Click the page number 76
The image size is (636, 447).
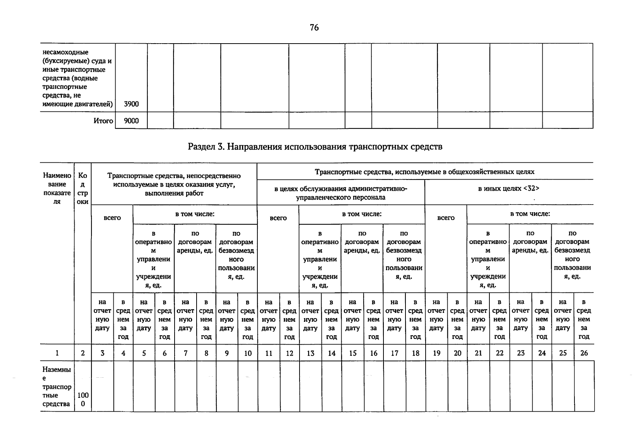pos(314,28)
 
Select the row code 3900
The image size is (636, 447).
pos(131,104)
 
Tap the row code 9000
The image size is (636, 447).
pos(131,121)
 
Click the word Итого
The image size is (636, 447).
pos(103,121)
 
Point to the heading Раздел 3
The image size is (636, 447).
pos(315,146)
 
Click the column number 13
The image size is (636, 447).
pos(310,353)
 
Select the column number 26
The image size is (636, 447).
pos(584,353)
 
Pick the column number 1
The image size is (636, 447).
pos(57,353)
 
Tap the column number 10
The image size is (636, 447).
pos(248,353)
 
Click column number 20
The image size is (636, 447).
pos(457,353)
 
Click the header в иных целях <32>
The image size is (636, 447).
pos(509,188)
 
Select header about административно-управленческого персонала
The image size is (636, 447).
pos(341,193)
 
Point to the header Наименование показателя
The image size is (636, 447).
pos(57,188)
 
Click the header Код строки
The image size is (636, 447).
pos(83,188)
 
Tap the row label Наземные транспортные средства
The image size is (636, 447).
pos(57,387)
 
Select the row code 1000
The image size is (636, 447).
pos(83,399)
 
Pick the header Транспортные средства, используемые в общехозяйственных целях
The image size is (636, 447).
pos(424,172)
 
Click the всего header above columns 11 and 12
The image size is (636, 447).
pos(278,218)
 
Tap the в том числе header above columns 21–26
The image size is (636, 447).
pos(530,214)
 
